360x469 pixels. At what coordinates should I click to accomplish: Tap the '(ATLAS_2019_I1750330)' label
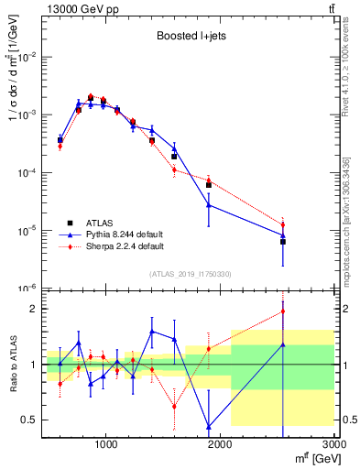point(190,274)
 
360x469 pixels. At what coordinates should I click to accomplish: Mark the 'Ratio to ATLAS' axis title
point(12,364)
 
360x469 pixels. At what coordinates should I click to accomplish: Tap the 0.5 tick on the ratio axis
point(30,420)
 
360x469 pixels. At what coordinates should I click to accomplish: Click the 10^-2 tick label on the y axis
point(27,57)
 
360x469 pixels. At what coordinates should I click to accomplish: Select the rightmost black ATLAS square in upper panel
point(283,242)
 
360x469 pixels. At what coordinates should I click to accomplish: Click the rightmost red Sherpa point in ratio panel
point(283,311)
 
